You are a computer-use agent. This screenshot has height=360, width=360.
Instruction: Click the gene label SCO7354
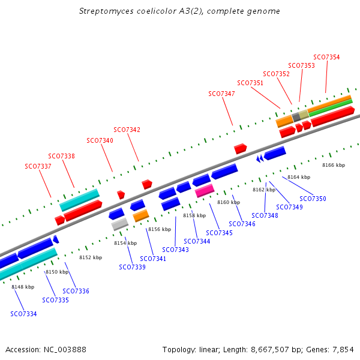(x=326, y=58)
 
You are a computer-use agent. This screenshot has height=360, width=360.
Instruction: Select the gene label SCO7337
(x=38, y=166)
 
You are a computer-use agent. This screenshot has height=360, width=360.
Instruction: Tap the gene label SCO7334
(x=23, y=314)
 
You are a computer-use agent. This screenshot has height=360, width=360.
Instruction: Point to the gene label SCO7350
(x=313, y=199)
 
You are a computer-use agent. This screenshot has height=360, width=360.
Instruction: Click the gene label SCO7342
(x=127, y=130)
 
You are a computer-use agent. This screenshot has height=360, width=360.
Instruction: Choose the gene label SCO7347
(x=221, y=94)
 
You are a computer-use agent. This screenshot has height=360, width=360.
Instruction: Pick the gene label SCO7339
(x=132, y=267)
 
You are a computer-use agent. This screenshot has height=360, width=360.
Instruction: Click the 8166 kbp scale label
(x=334, y=165)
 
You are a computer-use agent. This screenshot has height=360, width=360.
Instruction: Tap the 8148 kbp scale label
(x=23, y=287)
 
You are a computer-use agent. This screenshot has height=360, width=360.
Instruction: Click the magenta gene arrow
(x=205, y=191)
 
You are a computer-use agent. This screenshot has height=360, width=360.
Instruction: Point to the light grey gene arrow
(x=120, y=224)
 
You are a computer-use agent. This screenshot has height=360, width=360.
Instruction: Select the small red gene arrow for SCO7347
(x=241, y=148)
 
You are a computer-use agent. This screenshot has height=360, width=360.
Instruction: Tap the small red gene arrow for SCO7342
(x=147, y=184)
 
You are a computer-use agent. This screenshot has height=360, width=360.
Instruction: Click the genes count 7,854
(x=343, y=349)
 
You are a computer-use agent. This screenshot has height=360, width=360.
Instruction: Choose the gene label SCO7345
(x=219, y=233)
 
